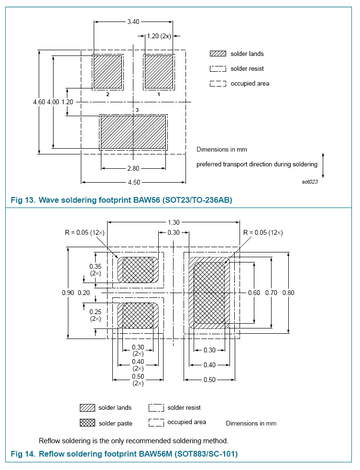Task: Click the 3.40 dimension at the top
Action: pos(133,22)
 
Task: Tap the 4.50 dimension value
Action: pos(133,182)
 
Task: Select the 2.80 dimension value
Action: pos(133,168)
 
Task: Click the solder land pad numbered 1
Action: pos(159,72)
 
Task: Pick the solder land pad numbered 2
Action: pos(108,72)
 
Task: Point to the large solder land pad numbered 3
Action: pos(133,132)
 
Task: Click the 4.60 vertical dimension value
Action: pos(39,102)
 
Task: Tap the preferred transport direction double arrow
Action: pos(324,164)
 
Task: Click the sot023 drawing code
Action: pos(310,181)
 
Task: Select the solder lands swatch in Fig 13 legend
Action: pos(218,54)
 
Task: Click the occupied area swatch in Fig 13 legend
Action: pos(218,84)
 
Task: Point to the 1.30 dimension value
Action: pos(174,222)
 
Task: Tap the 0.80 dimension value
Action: pos(288,293)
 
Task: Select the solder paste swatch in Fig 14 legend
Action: pos(87,423)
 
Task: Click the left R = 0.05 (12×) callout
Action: pos(85,233)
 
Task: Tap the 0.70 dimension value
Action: pos(271,293)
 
